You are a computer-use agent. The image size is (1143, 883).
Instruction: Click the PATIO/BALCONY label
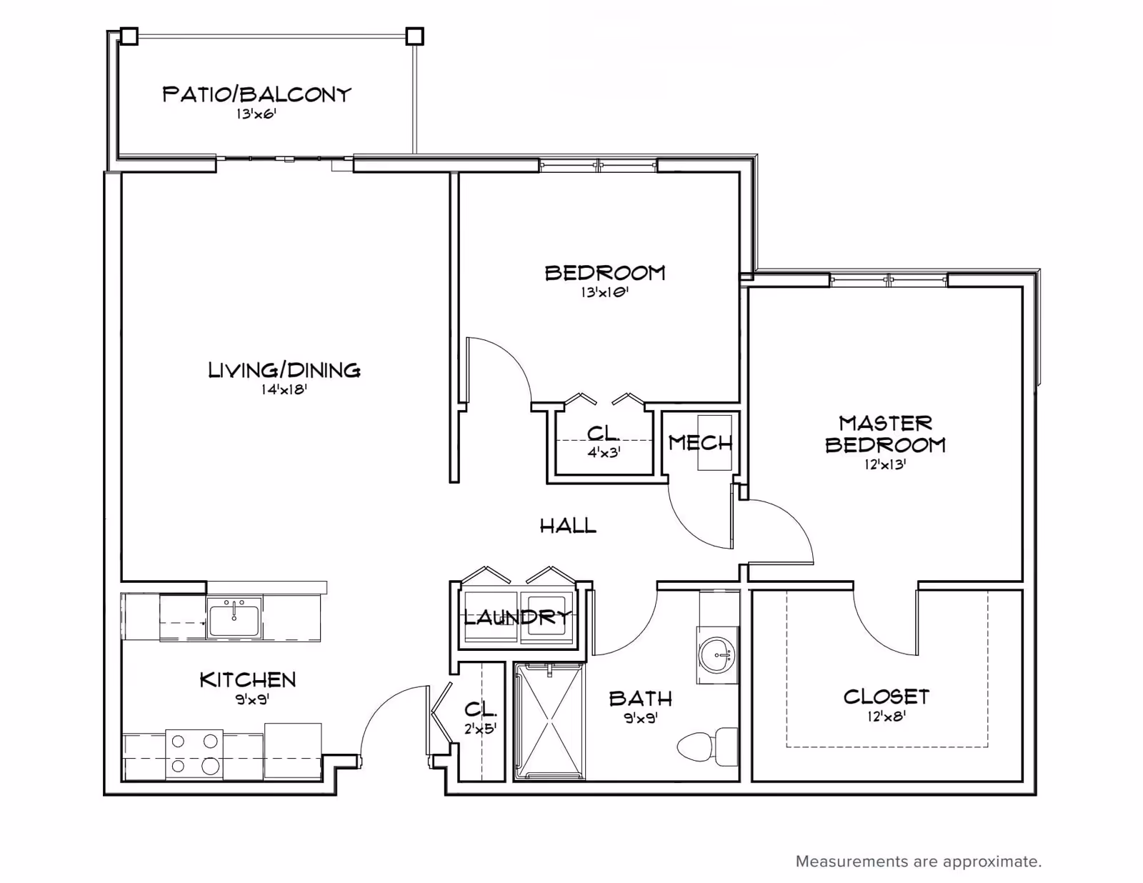(x=256, y=95)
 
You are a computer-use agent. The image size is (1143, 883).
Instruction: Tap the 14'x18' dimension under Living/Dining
(x=284, y=389)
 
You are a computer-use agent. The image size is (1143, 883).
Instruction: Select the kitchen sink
(x=234, y=618)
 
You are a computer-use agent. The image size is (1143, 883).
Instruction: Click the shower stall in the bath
(x=549, y=721)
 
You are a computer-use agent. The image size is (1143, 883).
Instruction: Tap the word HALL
(x=568, y=525)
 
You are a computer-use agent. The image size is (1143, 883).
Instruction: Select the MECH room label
(x=700, y=444)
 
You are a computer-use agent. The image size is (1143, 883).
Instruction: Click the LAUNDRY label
(x=518, y=617)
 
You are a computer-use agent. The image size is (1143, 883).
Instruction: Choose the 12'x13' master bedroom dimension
(x=885, y=465)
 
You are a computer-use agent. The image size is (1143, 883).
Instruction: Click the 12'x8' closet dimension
(x=887, y=717)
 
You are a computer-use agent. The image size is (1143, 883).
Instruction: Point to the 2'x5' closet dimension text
(x=480, y=729)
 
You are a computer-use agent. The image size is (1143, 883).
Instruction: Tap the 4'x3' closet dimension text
(x=604, y=453)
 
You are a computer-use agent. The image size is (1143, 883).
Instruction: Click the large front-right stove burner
(x=211, y=767)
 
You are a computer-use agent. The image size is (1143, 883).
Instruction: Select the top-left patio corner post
(x=129, y=36)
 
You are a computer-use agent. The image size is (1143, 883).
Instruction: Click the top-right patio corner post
(x=414, y=36)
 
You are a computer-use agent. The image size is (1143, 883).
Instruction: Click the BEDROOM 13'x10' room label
(x=605, y=281)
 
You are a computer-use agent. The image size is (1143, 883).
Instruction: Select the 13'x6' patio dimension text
(x=256, y=114)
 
